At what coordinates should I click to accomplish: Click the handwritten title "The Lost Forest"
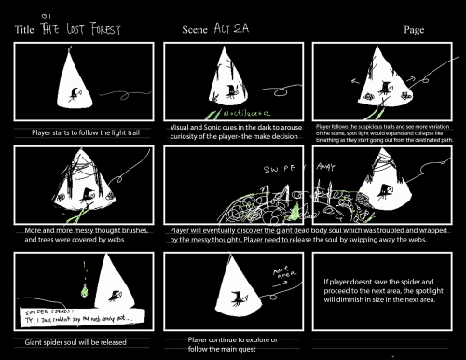[96, 29]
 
